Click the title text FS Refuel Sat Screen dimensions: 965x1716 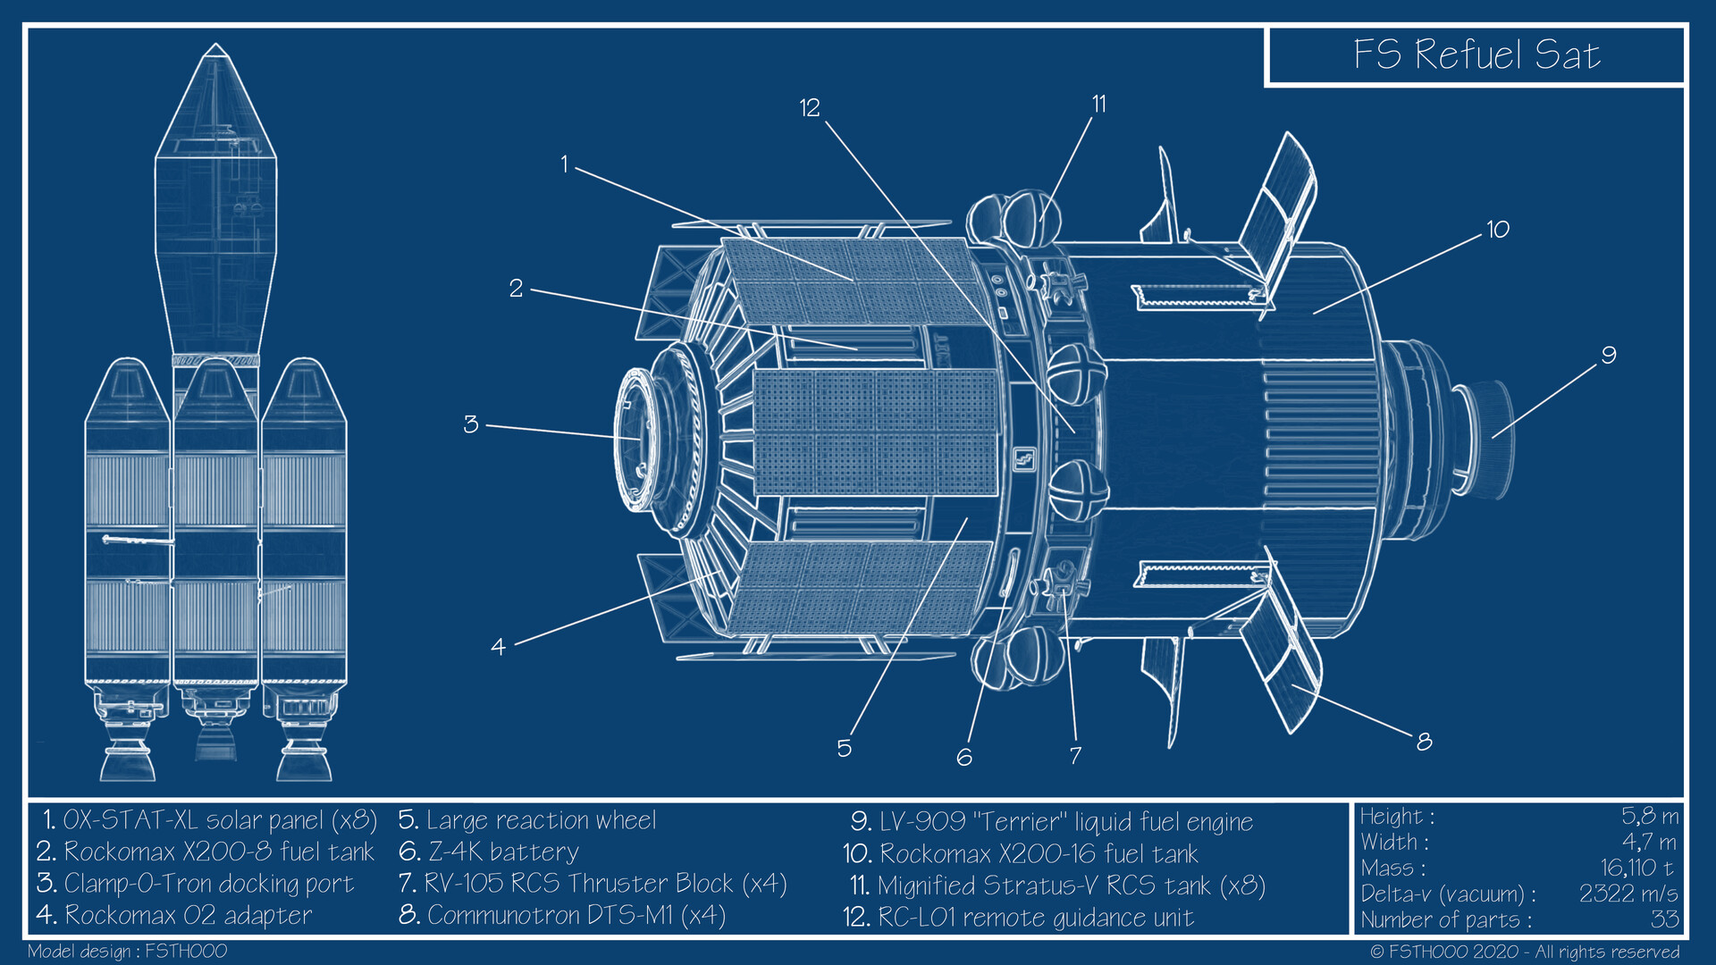(1476, 55)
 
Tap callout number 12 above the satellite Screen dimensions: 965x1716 (810, 108)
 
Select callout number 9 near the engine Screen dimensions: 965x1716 (1608, 356)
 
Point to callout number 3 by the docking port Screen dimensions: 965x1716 (471, 424)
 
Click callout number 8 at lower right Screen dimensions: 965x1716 (1424, 741)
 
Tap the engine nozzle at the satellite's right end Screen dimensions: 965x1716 (1488, 439)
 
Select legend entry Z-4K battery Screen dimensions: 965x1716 (490, 852)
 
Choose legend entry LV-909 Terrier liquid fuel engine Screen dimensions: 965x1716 (1052, 822)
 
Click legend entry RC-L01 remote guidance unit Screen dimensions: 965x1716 (1019, 918)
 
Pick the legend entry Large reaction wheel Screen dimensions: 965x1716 (527, 820)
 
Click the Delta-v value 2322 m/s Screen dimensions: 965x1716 (1628, 894)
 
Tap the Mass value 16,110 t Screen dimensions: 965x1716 (1636, 868)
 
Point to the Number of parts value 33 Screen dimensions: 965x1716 (1663, 919)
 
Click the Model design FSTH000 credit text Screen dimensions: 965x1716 (127, 951)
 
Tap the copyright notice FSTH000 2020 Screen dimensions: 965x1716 (1524, 952)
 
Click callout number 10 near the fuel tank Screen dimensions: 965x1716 (1498, 230)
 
